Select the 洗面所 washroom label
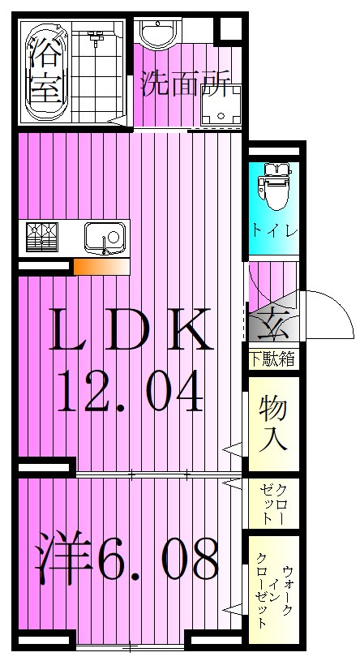(x=186, y=84)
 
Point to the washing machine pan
(x=216, y=108)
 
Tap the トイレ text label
(x=273, y=230)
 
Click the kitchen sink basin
(x=105, y=238)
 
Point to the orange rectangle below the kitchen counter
(x=101, y=267)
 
